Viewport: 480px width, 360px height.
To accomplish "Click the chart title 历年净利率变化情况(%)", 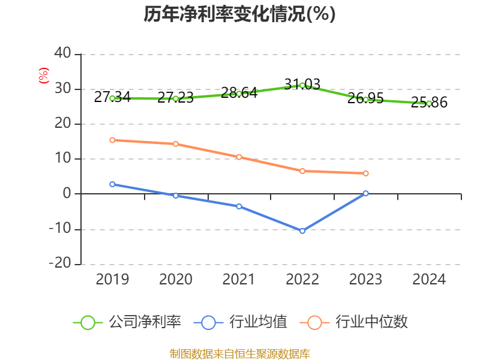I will pyautogui.click(x=239, y=14).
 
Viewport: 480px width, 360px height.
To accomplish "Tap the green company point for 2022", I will pyautogui.click(x=302, y=85).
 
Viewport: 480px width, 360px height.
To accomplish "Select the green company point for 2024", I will pyautogui.click(x=429, y=103).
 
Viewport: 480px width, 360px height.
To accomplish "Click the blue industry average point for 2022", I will pyautogui.click(x=302, y=231).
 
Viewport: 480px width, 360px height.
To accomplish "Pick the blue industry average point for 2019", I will pyautogui.click(x=112, y=184).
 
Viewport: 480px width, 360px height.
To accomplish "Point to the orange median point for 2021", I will pyautogui.click(x=239, y=157).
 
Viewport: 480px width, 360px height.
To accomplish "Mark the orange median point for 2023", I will pyautogui.click(x=366, y=173).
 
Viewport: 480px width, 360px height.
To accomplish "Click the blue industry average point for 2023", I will pyautogui.click(x=366, y=193).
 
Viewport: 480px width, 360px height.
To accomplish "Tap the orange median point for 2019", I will pyautogui.click(x=112, y=140).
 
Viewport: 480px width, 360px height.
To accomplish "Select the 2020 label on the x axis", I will pyautogui.click(x=176, y=280).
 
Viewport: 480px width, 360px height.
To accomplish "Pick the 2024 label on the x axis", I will pyautogui.click(x=429, y=280).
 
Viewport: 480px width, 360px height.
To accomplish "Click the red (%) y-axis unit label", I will pyautogui.click(x=43, y=76).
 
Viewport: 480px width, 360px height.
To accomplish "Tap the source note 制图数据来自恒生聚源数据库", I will pyautogui.click(x=239, y=353).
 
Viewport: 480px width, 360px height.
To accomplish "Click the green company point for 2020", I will pyautogui.click(x=176, y=98).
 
